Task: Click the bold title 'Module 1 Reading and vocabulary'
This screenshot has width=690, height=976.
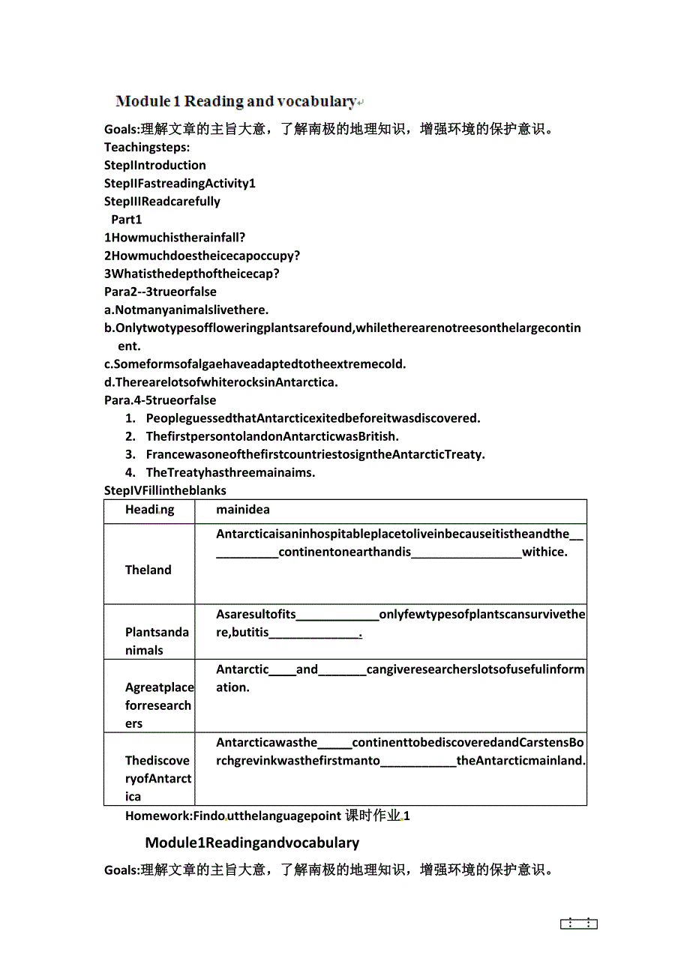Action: click(x=236, y=101)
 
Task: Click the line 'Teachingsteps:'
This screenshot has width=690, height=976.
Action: click(x=147, y=147)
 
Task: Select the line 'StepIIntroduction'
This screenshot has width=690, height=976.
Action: click(x=155, y=165)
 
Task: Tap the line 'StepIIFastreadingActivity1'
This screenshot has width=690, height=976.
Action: click(x=180, y=183)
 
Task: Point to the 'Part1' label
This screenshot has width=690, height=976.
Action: click(x=127, y=219)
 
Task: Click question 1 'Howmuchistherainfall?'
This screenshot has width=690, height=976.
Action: click(x=175, y=237)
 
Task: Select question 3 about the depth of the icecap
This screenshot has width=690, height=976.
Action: click(x=192, y=273)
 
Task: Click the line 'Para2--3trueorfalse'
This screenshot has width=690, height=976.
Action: click(x=160, y=292)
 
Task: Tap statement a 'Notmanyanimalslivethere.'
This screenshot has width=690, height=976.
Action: click(x=186, y=310)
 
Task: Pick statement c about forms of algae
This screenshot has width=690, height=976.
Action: click(x=255, y=364)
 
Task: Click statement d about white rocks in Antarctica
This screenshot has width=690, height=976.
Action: click(x=221, y=382)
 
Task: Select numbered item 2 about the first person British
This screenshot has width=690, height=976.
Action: click(x=272, y=436)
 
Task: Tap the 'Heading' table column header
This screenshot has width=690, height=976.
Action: click(x=149, y=510)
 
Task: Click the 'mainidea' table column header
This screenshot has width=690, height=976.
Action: click(x=243, y=510)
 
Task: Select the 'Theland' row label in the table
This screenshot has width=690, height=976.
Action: click(x=148, y=570)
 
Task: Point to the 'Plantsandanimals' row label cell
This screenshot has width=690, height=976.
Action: click(x=157, y=641)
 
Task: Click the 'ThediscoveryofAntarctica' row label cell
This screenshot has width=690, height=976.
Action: click(x=158, y=778)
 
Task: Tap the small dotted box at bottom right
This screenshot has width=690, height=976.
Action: click(x=579, y=924)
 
